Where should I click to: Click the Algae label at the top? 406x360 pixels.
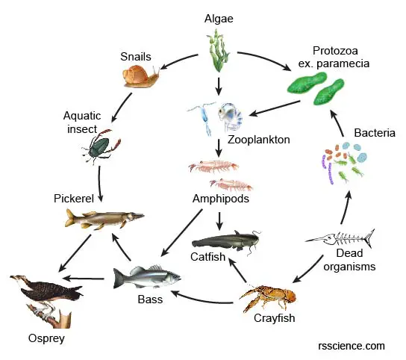219,19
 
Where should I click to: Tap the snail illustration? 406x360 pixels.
141,76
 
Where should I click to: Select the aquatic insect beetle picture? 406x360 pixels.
101,146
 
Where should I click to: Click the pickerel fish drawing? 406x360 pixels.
104,219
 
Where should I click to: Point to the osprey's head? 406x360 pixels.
17,278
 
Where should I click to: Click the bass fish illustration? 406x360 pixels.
147,277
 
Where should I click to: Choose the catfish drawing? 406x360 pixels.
226,241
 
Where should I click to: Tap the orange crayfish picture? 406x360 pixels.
268,298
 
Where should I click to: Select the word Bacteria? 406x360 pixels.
375,133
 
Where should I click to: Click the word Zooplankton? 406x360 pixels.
259,140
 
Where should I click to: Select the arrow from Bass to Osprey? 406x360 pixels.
83,279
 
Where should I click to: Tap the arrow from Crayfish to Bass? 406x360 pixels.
202,300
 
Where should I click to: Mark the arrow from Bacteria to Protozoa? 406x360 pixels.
337,123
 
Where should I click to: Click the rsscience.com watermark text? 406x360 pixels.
352,346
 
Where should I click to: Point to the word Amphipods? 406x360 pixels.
221,199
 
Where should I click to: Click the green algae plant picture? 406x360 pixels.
218,51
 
